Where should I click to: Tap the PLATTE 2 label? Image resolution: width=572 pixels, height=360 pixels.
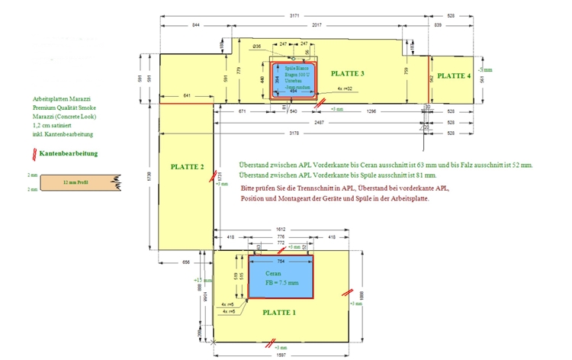187,167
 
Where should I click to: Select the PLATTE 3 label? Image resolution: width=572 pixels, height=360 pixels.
348,74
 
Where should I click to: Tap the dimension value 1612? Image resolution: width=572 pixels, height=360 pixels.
281,230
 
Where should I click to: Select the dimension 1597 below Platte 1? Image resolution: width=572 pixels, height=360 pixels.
281,355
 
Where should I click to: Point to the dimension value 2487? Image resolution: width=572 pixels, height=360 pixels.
319,122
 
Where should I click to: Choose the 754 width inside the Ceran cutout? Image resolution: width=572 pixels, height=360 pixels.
281,260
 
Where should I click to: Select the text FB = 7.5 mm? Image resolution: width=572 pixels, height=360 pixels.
281,284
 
